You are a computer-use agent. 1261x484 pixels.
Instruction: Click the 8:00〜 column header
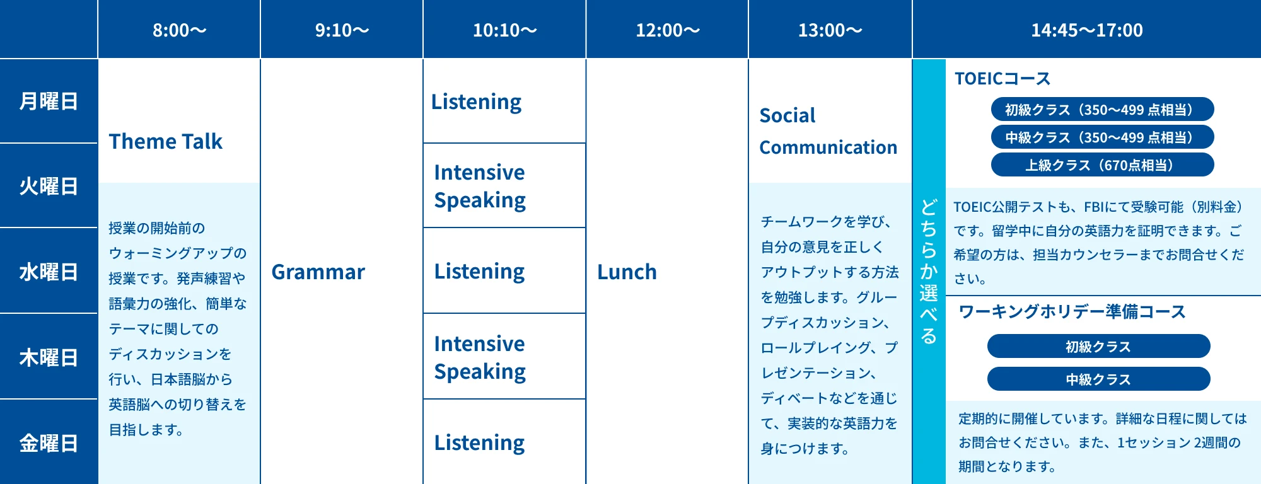pos(179,30)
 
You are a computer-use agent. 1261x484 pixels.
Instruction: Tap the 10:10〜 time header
pos(504,30)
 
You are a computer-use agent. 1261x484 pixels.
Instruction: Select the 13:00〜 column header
pos(830,30)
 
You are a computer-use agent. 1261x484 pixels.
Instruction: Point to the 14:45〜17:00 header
pos(1086,30)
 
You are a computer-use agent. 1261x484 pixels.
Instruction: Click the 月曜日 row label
pos(49,101)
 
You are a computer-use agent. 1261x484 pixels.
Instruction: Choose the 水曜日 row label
pos(49,272)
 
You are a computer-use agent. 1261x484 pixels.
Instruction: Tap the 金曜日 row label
pos(49,444)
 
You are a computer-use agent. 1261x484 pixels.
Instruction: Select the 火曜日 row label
pos(49,187)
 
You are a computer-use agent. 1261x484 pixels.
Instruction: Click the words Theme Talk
pos(165,141)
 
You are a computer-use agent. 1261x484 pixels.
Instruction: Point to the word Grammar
pos(318,272)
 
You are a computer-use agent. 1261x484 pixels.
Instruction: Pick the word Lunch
pos(627,272)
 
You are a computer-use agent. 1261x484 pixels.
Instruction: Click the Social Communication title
pos(828,131)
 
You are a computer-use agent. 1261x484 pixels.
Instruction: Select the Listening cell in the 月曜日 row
pos(476,102)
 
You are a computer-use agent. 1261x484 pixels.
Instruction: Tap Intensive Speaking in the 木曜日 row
pos(480,358)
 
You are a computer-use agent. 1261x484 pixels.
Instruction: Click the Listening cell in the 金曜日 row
pos(479,443)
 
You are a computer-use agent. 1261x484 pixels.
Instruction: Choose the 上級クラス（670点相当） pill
pos(1102,165)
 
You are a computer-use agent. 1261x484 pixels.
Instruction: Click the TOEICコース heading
pos(1002,79)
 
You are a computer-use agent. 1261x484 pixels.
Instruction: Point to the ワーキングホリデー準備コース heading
pos(1072,312)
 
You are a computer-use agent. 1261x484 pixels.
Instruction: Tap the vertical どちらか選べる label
pos(929,272)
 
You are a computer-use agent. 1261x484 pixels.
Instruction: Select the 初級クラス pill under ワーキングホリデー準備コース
pos(1098,347)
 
